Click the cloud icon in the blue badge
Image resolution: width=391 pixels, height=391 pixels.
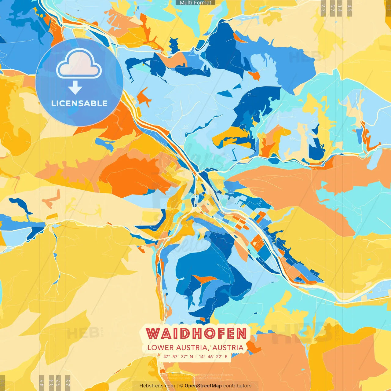(x=79, y=65)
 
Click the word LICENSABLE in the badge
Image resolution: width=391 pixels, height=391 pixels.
(x=79, y=103)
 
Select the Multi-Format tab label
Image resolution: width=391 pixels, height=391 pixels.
(x=195, y=3)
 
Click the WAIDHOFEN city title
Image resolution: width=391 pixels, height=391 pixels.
(x=196, y=334)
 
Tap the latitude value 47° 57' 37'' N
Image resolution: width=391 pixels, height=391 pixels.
(x=178, y=356)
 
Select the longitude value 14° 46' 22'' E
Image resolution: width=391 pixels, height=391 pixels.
(x=213, y=356)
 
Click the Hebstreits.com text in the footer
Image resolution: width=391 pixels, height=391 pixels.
(x=157, y=386)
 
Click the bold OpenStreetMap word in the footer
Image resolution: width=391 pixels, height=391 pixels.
(x=203, y=386)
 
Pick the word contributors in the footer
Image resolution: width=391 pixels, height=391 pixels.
(x=237, y=386)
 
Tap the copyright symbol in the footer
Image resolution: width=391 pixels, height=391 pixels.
(x=181, y=386)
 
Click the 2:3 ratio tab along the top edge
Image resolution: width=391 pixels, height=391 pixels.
(x=323, y=8)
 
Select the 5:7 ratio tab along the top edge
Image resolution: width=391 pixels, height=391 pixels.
(x=332, y=8)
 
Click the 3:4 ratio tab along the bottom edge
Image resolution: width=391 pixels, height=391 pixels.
(x=51, y=382)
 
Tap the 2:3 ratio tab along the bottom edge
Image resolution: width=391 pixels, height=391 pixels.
(x=68, y=382)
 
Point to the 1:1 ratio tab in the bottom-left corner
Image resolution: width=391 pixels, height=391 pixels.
(x=2, y=383)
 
